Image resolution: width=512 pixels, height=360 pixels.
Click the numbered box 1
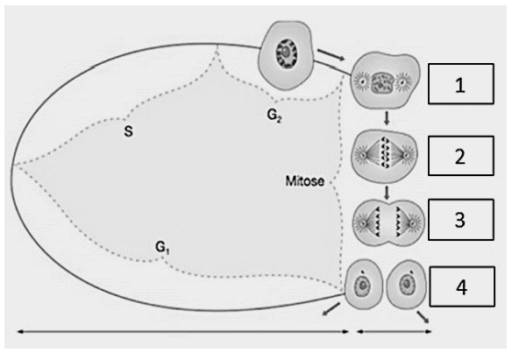[461, 84]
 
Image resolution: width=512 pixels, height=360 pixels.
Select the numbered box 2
[461, 156]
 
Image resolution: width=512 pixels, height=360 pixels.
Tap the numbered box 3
[461, 220]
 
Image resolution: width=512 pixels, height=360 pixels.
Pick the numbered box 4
[462, 286]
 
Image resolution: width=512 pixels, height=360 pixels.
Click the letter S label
[128, 131]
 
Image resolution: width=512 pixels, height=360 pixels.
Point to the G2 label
[274, 115]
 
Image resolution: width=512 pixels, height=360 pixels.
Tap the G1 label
[162, 248]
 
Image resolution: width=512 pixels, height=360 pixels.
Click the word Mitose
[305, 181]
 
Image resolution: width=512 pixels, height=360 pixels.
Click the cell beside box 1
[385, 80]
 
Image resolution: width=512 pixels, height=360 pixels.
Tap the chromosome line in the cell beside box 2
[385, 152]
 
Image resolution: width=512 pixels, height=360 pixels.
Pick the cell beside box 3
[388, 222]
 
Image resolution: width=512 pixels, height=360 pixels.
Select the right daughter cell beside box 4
[406, 285]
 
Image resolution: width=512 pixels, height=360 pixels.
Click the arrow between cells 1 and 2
[387, 118]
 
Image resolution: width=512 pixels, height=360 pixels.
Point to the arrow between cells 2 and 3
[387, 193]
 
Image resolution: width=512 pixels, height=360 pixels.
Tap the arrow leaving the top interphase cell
[331, 55]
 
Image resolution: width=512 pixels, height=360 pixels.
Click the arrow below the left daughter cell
[331, 309]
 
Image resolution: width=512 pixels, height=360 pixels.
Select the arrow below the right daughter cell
[423, 317]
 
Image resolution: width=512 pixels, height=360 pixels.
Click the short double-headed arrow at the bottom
[395, 332]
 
